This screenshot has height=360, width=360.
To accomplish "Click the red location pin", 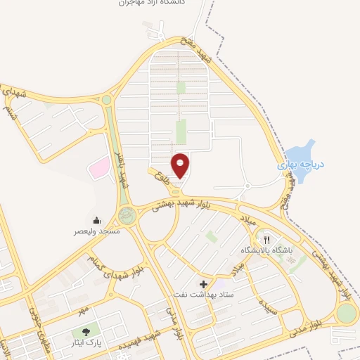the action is tap(181, 165).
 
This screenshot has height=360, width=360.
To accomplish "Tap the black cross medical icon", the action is tap(204, 285).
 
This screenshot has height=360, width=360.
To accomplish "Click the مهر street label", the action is tap(82, 309).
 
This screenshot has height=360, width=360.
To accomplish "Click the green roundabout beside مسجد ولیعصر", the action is tap(127, 213).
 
